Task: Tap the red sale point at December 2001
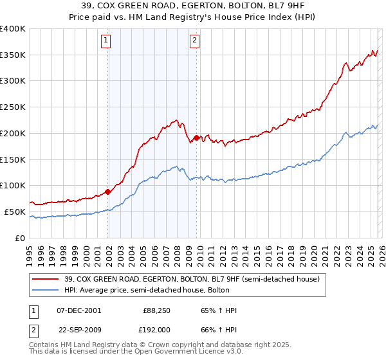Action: point(107,191)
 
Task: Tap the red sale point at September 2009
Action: point(196,137)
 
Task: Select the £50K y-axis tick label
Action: point(15,212)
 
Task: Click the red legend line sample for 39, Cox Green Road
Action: point(46,278)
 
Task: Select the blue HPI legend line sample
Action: point(46,290)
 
